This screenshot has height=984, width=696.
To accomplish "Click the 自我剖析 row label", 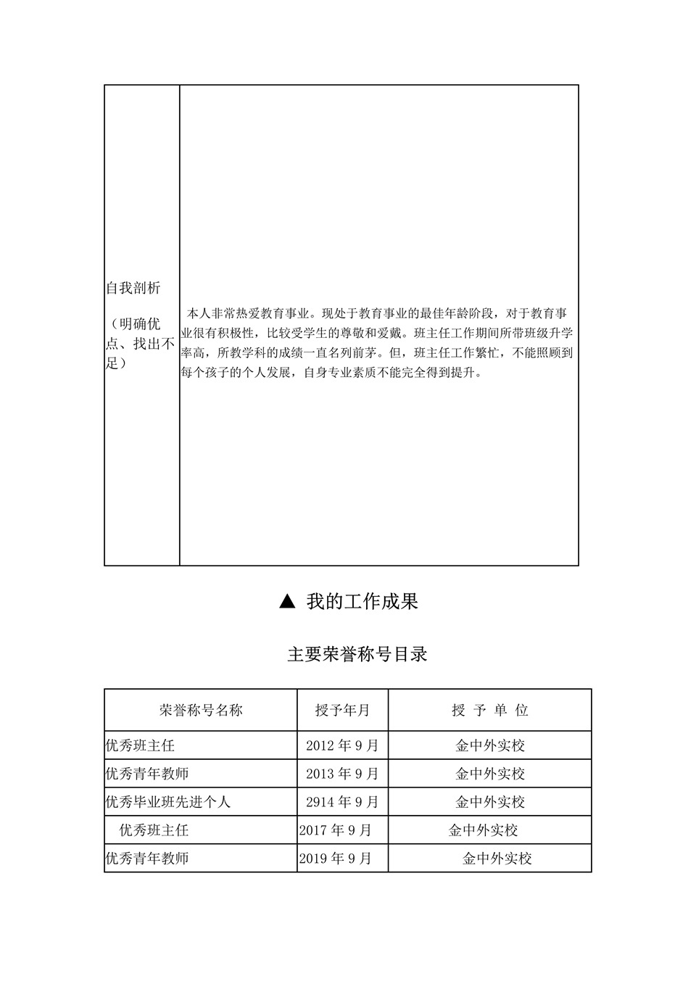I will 133,289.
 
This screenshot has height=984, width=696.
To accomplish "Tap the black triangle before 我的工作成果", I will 287,601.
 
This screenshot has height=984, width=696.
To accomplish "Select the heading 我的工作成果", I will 362,602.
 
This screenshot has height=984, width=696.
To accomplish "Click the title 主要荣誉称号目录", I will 357,654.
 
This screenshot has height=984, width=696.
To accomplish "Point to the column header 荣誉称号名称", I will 201,710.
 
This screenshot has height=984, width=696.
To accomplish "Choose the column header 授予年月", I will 342,710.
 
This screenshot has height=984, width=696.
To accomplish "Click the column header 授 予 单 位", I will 489,710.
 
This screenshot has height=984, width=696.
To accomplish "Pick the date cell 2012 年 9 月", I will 342,745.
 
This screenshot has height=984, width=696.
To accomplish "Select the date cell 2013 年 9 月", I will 342,774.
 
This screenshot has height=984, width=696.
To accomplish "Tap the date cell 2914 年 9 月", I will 342,802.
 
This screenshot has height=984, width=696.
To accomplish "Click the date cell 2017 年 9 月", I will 335,830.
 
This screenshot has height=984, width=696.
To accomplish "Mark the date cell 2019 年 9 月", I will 335,859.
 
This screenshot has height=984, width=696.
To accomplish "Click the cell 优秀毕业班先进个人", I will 168,802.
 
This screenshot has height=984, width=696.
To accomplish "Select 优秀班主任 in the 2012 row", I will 140,745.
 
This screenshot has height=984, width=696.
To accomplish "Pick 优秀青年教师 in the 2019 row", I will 147,859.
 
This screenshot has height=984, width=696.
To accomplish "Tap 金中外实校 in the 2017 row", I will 483,830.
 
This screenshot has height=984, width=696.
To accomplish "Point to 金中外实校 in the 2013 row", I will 489,774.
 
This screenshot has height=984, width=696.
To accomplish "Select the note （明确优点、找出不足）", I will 140,343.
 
